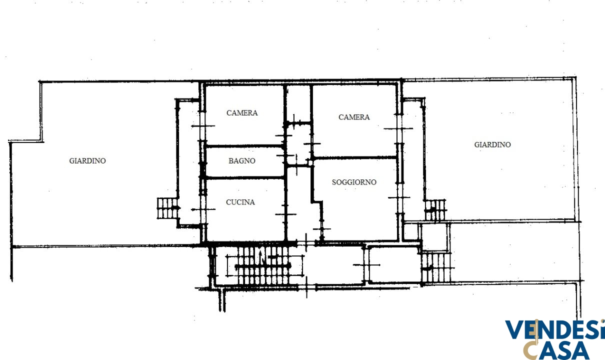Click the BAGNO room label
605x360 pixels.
coord(241,161)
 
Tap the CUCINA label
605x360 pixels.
coord(240,202)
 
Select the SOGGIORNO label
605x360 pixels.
coord(354,182)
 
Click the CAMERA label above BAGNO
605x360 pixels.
coord(242,113)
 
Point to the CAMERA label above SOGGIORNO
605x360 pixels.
coord(354,117)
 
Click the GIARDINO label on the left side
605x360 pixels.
coord(87,161)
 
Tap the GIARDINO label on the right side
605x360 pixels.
coord(492,145)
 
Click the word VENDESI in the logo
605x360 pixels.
coord(553,329)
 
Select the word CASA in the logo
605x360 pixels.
coord(556,350)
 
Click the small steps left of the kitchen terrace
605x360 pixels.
coord(167,208)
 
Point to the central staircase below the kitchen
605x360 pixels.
coord(263,266)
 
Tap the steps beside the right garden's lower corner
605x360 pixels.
coord(435,210)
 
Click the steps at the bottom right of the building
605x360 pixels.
coord(435,267)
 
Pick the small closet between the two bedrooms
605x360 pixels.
coord(298,103)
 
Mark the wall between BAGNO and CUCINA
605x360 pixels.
coord(244,178)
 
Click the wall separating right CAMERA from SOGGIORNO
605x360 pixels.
coord(355,157)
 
